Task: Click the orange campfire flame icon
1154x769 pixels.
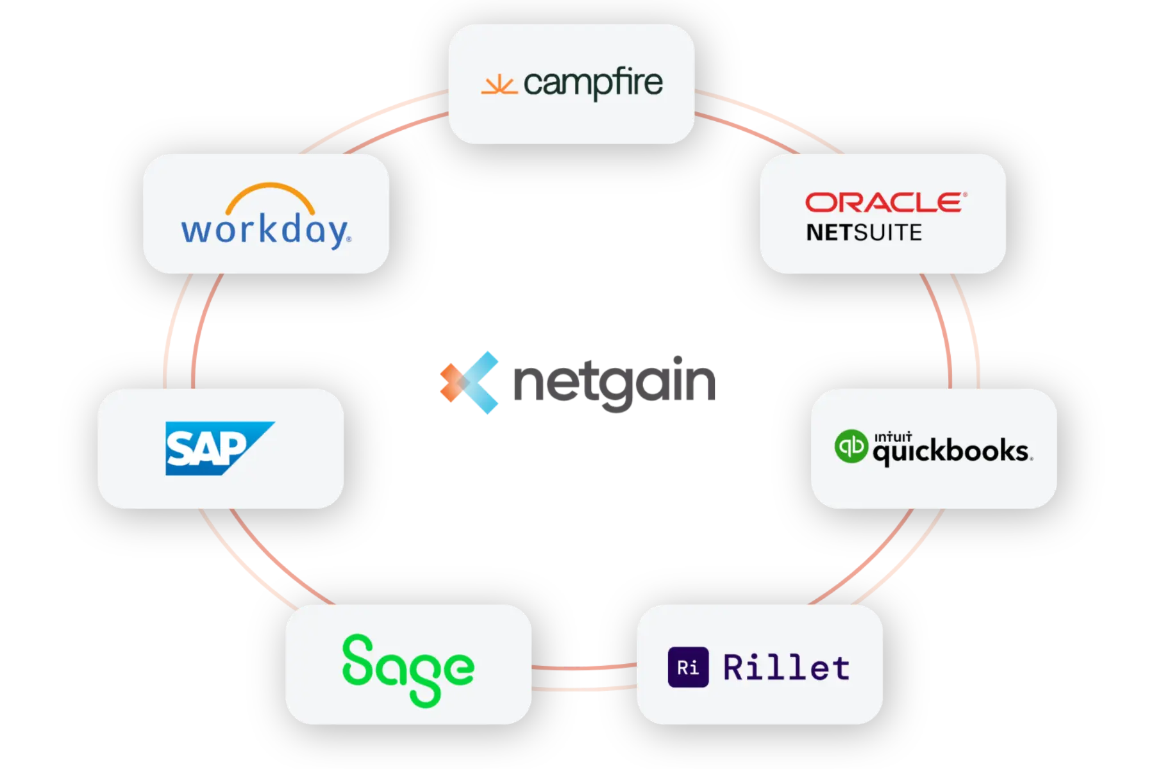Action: tap(499, 85)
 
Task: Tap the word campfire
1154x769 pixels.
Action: tap(593, 83)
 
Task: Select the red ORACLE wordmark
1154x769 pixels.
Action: tap(886, 203)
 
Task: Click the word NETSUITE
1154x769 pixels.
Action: tap(864, 233)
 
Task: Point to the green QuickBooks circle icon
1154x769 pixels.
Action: tap(851, 446)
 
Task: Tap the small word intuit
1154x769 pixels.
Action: tap(893, 436)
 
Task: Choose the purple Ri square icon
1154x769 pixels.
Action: tap(688, 667)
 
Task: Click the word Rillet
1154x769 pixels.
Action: tap(787, 667)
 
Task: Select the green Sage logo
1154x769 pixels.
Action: tap(408, 670)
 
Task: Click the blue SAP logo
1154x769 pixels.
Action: tap(220, 448)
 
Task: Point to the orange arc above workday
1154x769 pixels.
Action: tap(270, 196)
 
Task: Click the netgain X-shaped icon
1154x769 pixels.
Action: tap(469, 383)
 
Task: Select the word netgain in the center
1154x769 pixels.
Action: tap(614, 383)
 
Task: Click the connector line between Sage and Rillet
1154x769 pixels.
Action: tap(584, 668)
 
